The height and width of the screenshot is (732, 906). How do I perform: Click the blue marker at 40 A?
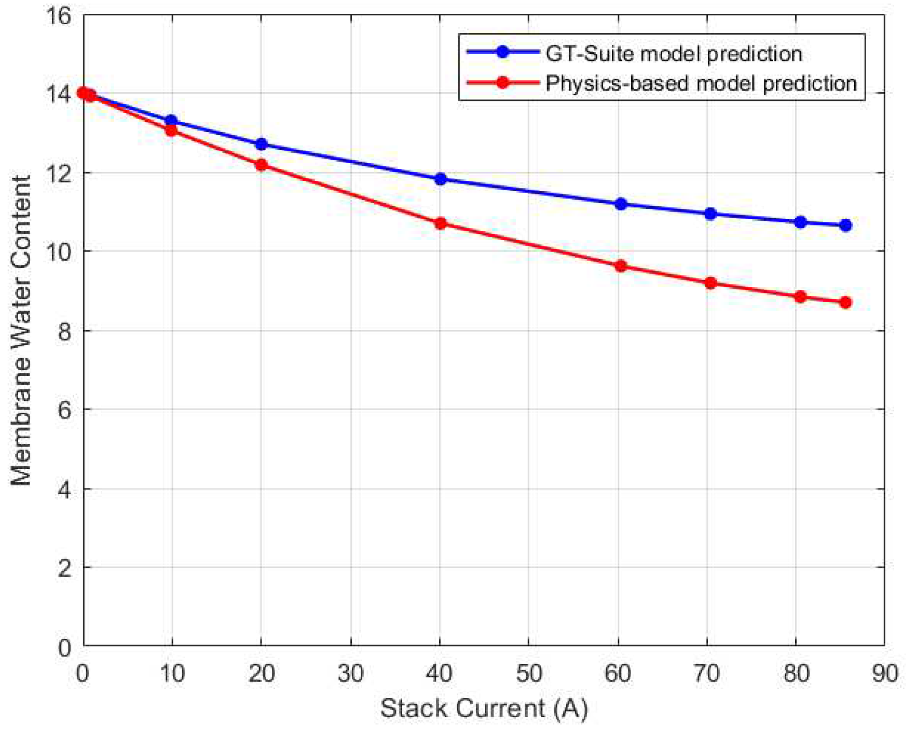pos(440,179)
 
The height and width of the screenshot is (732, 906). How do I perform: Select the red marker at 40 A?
pos(440,223)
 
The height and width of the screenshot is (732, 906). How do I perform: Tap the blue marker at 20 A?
pos(261,144)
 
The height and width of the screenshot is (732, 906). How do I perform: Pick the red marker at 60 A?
pos(620,266)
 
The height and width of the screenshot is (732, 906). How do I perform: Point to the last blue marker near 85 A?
pos(845,225)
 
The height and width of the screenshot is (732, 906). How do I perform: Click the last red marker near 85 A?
pos(845,302)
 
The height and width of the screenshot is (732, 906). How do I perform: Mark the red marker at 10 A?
pos(171,130)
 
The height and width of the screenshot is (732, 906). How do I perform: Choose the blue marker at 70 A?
pos(710,214)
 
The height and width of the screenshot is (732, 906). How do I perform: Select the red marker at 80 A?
pos(800,297)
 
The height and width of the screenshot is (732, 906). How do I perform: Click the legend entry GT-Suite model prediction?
pos(673,53)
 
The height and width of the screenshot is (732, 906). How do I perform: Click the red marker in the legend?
pos(502,83)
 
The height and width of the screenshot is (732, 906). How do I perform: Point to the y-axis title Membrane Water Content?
pos(21,331)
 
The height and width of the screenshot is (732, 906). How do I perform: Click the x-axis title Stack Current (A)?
pos(483,709)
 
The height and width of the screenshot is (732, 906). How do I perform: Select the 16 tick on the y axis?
pos(58,16)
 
